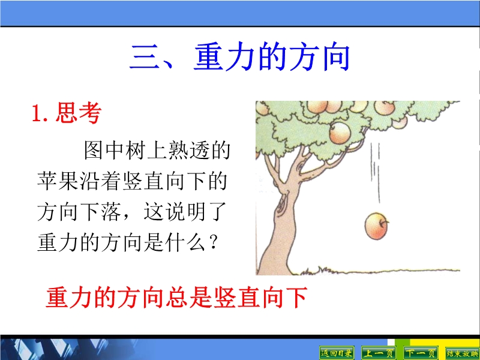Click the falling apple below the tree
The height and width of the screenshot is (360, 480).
point(376,227)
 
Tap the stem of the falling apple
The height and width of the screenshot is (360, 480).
point(385,221)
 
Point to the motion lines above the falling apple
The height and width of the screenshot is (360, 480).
point(376,173)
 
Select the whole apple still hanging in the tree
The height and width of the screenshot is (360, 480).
point(340,133)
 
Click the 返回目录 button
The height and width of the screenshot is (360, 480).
point(337,353)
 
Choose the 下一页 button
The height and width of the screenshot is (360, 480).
point(421,353)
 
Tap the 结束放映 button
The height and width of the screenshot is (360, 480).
point(462,353)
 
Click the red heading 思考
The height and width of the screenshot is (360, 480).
point(79,113)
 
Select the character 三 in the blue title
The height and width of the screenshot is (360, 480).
point(145,57)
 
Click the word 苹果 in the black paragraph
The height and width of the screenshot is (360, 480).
point(58,181)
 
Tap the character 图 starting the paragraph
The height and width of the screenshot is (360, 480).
point(94,150)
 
